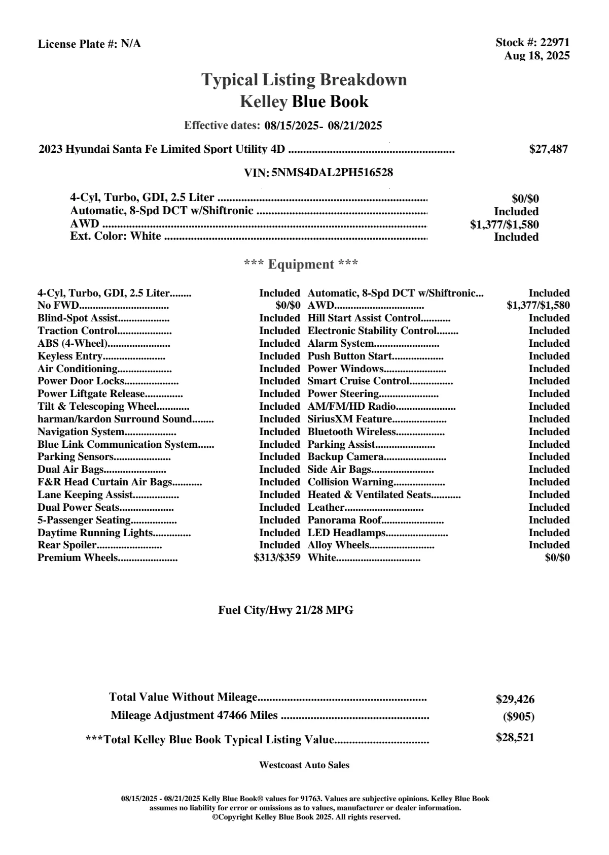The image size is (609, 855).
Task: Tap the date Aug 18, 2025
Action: tap(536, 56)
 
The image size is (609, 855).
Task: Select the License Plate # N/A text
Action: tap(89, 44)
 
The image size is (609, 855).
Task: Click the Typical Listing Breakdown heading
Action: tap(304, 80)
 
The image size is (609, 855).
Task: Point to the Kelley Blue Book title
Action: tap(304, 102)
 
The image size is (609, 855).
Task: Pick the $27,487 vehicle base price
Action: tap(548, 149)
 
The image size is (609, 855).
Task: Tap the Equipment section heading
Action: tap(301, 265)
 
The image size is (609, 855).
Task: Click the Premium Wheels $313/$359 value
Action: tap(277, 558)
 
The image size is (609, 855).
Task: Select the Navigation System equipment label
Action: tap(81, 432)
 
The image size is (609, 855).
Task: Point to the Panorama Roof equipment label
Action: tap(344, 520)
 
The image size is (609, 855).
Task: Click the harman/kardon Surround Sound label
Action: tap(115, 419)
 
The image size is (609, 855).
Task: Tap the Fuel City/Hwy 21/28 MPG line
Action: tap(285, 610)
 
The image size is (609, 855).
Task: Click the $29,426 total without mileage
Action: tap(515, 700)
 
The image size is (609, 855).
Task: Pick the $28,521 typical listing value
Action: tap(515, 738)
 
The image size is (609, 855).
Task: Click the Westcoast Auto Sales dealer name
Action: tap(304, 765)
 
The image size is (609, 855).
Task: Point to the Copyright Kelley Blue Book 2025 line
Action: tap(306, 817)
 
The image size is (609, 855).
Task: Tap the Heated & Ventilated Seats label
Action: tap(369, 495)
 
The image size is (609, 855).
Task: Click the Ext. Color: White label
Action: tap(116, 236)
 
